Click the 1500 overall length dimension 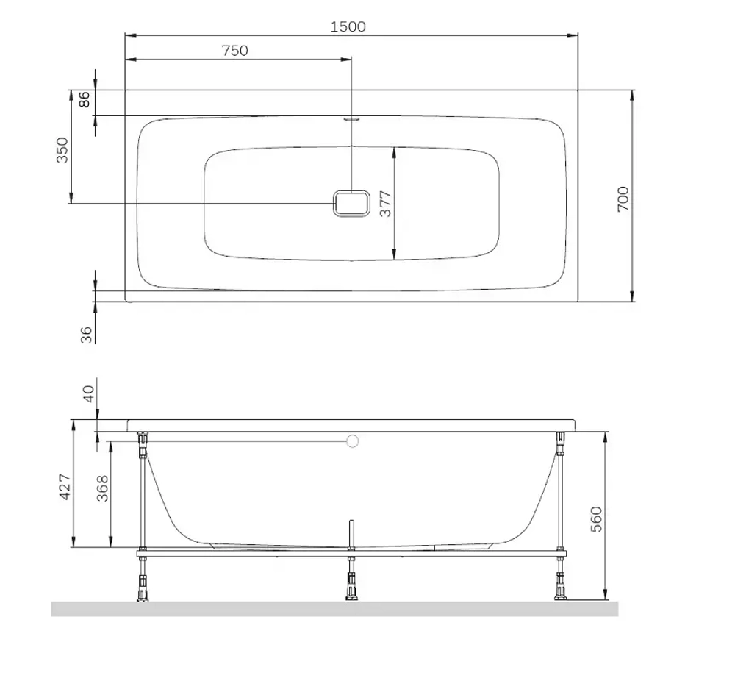click(348, 27)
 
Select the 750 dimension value click(234, 51)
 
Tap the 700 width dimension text click(623, 199)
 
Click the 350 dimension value click(62, 151)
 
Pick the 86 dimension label click(84, 99)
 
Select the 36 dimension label click(86, 335)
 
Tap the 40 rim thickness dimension click(89, 393)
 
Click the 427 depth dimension click(65, 487)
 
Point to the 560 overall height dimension click(596, 518)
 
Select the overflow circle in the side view click(353, 441)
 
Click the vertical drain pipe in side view click(352, 533)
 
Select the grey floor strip click(334, 609)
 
